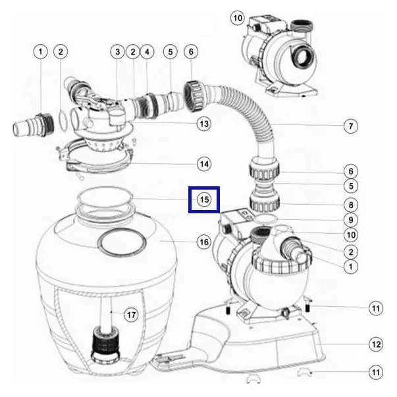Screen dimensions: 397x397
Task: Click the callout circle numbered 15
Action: coord(204,199)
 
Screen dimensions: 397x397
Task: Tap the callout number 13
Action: coord(204,124)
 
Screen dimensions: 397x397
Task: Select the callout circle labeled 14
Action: coord(204,164)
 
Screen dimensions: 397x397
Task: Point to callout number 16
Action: coord(204,242)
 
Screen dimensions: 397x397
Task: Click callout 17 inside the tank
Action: coord(131,315)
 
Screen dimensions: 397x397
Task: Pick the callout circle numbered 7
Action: coord(351,126)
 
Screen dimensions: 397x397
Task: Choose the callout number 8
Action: coord(351,205)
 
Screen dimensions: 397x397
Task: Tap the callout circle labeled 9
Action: coord(351,220)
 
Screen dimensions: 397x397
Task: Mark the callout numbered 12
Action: coord(376,344)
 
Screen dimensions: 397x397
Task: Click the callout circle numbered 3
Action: coord(117,52)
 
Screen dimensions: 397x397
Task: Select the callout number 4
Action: coord(147,52)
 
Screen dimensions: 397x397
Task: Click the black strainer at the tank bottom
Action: coord(105,344)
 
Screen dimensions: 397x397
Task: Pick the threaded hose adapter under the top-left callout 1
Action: coord(34,125)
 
